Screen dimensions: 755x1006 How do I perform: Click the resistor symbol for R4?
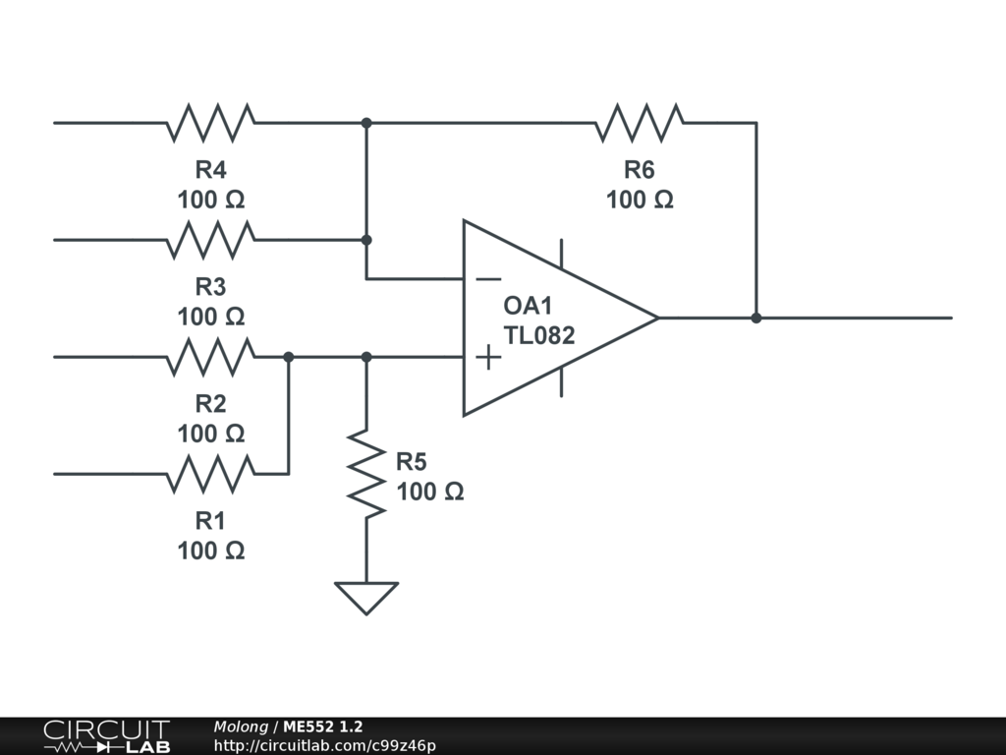click(210, 123)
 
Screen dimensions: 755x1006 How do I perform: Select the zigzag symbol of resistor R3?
click(210, 240)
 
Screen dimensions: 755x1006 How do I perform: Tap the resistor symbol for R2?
click(210, 357)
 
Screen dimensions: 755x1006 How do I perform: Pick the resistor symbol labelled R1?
click(210, 474)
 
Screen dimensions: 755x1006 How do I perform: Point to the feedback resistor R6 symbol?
click(640, 123)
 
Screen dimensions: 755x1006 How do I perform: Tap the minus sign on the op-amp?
click(488, 279)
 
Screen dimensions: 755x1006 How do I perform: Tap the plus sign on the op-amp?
click(488, 357)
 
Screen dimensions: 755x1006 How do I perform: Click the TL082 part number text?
click(539, 334)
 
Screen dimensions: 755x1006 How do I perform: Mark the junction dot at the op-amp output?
click(756, 318)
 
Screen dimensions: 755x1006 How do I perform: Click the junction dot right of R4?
click(366, 123)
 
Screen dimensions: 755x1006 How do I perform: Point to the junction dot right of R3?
click(366, 240)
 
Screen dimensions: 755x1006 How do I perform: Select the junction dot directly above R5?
click(366, 357)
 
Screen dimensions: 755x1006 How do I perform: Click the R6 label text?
click(640, 169)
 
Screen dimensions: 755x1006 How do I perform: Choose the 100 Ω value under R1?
click(210, 551)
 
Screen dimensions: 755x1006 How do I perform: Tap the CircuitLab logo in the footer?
click(105, 736)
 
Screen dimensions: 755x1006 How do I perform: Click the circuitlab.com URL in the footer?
click(324, 746)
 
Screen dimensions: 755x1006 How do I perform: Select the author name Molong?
click(241, 727)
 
